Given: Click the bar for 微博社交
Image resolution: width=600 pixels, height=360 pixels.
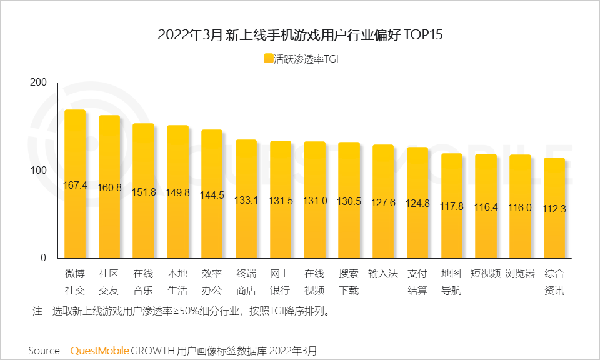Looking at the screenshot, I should click(x=75, y=184).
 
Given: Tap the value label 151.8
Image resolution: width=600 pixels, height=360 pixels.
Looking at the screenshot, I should click(x=143, y=192).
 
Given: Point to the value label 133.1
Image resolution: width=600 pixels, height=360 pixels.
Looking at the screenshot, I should click(x=246, y=200).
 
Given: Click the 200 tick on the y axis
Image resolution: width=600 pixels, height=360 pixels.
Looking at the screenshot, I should click(x=39, y=83).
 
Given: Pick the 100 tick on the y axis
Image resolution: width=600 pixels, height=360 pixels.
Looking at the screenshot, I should click(x=39, y=171).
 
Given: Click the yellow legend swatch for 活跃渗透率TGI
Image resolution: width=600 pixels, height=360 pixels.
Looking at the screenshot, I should click(x=268, y=59).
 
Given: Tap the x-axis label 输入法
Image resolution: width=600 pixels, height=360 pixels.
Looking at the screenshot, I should click(x=383, y=274).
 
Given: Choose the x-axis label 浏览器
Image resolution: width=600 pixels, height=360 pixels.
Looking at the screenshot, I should click(x=520, y=274).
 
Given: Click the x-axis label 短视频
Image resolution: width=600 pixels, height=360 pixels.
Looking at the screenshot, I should click(x=486, y=274).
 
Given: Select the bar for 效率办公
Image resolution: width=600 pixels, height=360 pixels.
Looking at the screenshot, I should click(x=212, y=194).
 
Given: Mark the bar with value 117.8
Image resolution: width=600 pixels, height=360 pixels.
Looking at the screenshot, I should click(x=452, y=206).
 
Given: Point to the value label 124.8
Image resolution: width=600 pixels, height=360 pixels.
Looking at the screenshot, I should click(x=417, y=203).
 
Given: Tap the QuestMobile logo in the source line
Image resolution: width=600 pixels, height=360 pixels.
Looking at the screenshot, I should click(x=99, y=350).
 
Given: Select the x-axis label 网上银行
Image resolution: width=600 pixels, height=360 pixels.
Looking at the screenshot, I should click(x=280, y=282).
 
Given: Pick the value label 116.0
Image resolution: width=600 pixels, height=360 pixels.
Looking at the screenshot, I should click(x=520, y=207).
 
